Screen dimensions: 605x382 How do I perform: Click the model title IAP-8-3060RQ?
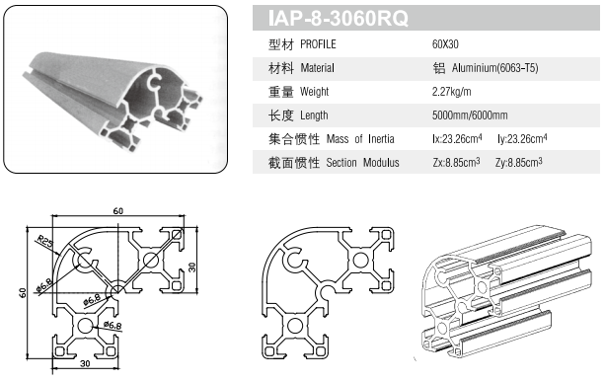[x=338, y=18]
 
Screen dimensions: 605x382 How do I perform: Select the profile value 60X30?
[x=445, y=44]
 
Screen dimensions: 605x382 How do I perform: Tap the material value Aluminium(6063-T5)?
[x=495, y=68]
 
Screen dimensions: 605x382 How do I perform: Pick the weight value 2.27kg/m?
[x=451, y=92]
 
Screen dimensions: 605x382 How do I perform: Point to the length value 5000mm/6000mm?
[x=470, y=115]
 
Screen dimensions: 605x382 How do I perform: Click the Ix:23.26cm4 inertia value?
[x=457, y=138]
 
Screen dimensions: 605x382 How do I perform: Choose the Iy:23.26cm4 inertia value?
[x=522, y=138]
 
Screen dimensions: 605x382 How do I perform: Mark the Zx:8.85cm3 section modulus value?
[x=456, y=163]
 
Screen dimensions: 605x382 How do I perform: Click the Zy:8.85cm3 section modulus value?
[x=519, y=163]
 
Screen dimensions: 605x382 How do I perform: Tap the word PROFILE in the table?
[x=318, y=44]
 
